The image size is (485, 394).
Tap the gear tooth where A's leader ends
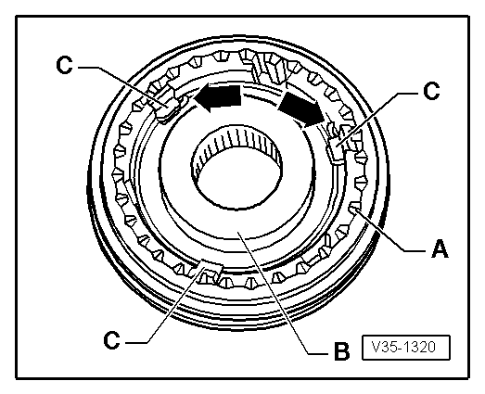pyautogui.click(x=358, y=215)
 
